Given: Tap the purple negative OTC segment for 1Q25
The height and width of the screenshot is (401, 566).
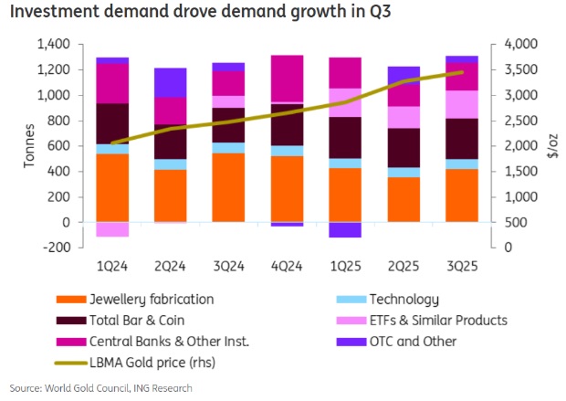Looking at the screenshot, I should click(345, 229).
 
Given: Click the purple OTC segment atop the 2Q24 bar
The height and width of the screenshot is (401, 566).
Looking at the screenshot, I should click(170, 82).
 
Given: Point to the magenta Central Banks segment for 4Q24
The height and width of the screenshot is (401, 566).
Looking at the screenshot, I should click(288, 79).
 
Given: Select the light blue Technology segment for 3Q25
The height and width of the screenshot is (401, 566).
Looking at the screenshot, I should click(461, 164).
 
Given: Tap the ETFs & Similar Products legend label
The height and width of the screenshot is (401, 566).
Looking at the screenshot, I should click(437, 320).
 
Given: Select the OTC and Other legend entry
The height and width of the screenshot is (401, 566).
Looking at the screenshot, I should click(412, 342).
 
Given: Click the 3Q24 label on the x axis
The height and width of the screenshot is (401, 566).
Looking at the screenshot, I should click(228, 265).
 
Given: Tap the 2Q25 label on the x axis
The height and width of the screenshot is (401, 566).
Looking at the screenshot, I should click(404, 265).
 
